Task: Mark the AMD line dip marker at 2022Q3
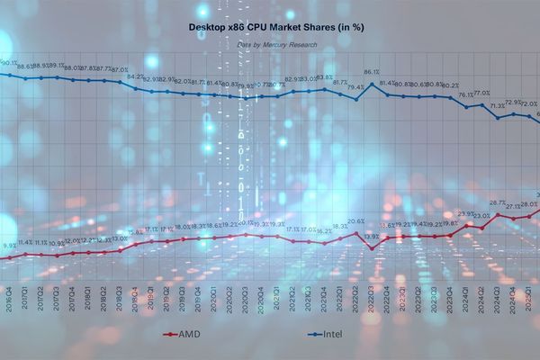372,247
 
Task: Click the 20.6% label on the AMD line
355,221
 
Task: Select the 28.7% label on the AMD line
497,203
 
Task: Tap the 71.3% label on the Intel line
497,106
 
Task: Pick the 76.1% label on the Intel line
465,95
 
